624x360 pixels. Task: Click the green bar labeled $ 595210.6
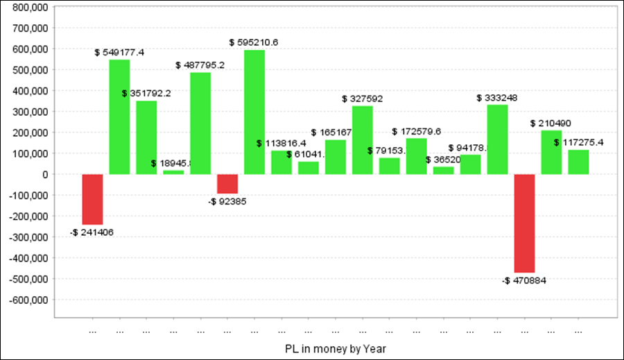click(x=254, y=112)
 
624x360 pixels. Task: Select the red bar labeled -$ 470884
click(x=525, y=223)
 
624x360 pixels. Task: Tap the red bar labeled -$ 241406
click(x=92, y=199)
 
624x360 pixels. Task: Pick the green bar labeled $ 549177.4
click(x=119, y=117)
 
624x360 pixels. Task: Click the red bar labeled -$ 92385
click(x=227, y=184)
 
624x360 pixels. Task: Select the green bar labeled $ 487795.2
click(x=200, y=123)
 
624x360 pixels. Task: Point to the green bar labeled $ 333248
click(x=498, y=139)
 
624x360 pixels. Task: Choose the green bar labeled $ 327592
click(x=363, y=140)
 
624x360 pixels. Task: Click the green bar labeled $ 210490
click(x=552, y=152)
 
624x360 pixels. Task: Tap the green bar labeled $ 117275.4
click(x=578, y=162)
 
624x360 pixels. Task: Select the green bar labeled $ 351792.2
click(x=146, y=137)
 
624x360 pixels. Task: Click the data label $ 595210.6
click(x=254, y=42)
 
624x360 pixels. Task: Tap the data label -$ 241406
click(x=92, y=232)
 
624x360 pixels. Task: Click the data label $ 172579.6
click(x=416, y=131)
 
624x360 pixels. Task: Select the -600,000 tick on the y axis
click(x=26, y=300)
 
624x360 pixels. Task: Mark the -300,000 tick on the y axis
click(x=26, y=237)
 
